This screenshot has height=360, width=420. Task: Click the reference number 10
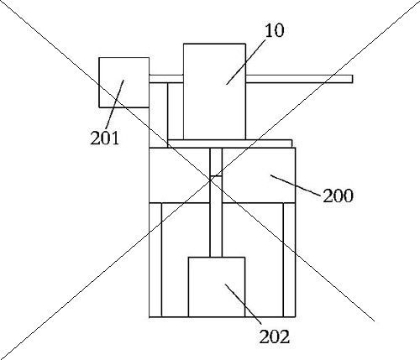[275, 30]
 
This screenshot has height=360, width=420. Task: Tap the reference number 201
[105, 138]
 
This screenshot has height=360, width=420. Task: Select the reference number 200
[338, 196]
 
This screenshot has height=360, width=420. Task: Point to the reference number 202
[274, 337]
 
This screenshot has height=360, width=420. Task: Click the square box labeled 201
[124, 82]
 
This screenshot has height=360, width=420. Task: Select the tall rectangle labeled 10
[214, 91]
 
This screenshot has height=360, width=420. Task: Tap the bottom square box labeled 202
[217, 287]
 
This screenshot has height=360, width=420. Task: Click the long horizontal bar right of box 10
[299, 79]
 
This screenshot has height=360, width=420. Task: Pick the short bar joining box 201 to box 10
[166, 79]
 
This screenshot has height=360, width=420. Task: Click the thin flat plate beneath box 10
[230, 143]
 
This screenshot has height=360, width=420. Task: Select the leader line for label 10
[246, 61]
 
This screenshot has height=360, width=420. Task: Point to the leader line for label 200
[295, 185]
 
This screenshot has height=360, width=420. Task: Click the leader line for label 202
[244, 304]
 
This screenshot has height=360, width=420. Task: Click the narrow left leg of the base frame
[155, 260]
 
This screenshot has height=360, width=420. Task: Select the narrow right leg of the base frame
[289, 260]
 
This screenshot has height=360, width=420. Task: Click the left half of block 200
[180, 175]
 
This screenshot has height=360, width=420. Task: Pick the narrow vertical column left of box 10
[159, 115]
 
